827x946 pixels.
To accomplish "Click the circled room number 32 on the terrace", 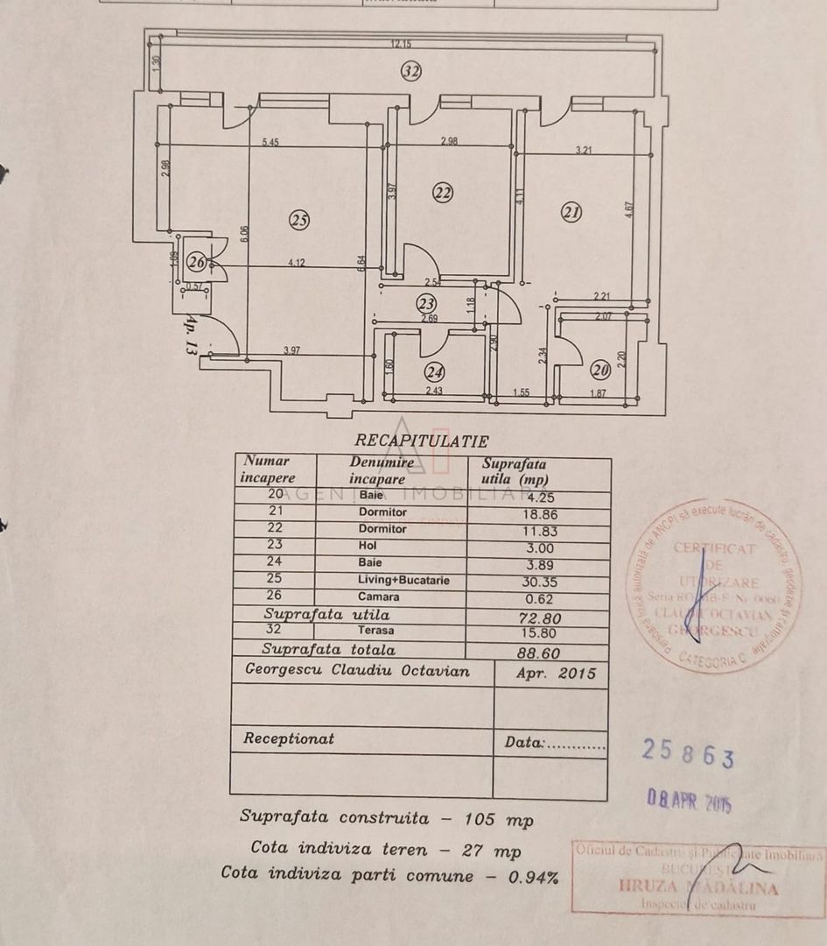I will click(x=411, y=72).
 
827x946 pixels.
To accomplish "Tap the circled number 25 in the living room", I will click(x=300, y=221).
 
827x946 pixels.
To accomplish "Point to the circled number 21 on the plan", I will click(x=571, y=211).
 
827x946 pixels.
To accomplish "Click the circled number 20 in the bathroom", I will click(x=600, y=370).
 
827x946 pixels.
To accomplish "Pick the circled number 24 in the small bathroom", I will click(x=434, y=371).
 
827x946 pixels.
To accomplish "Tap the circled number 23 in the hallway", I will click(x=426, y=303).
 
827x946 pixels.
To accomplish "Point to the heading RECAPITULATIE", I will click(x=421, y=441).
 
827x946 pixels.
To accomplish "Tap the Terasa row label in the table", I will click(x=375, y=631).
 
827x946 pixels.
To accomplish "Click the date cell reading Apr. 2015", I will click(x=550, y=674).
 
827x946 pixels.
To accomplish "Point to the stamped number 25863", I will click(x=688, y=752).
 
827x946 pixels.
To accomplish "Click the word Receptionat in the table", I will click(x=289, y=738).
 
